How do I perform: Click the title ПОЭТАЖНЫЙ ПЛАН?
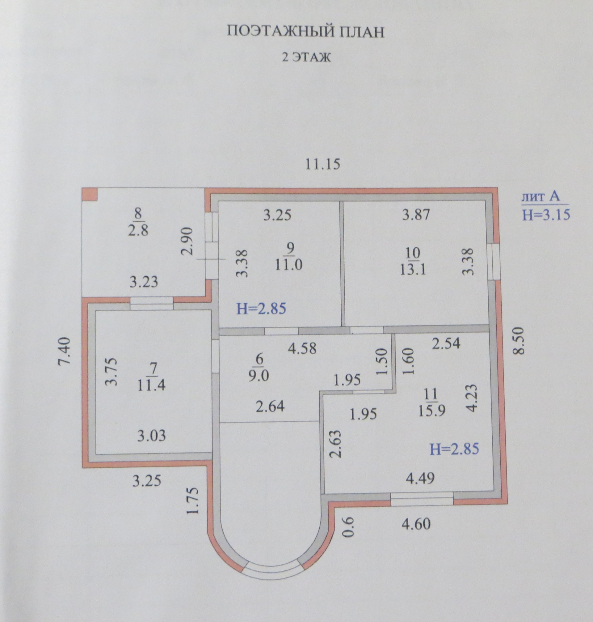tap(306, 32)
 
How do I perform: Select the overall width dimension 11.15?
tap(322, 164)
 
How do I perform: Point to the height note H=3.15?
tap(546, 215)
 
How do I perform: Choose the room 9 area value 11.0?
tap(288, 264)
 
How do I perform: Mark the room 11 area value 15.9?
tap(431, 411)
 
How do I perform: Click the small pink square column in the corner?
tap(90, 194)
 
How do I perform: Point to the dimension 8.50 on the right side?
tap(519, 346)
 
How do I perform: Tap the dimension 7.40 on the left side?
tap(65, 355)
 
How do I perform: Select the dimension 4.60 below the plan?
tap(416, 524)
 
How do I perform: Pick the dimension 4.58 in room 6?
tap(302, 348)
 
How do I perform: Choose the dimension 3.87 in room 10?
tap(416, 215)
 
